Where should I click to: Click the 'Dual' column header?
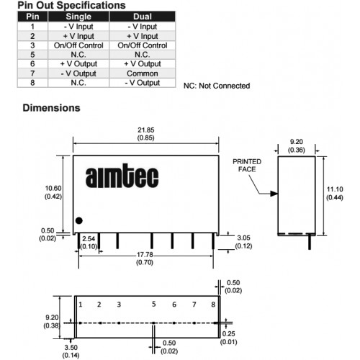pyautogui.click(x=143, y=17)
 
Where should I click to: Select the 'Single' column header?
pyautogui.click(x=78, y=17)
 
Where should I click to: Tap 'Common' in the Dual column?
pyautogui.click(x=143, y=73)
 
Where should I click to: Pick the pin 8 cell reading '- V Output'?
pyautogui.click(x=143, y=83)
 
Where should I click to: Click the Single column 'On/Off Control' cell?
pyautogui.click(x=78, y=45)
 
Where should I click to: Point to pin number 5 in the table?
pyautogui.click(x=32, y=55)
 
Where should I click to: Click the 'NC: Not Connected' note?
pyautogui.click(x=217, y=86)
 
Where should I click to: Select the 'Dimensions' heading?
pyautogui.click(x=51, y=108)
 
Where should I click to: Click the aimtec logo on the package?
pyautogui.click(x=122, y=176)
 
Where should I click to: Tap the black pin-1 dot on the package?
pyautogui.click(x=79, y=220)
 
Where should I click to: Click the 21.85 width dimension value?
pyautogui.click(x=146, y=130)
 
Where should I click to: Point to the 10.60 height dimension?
pyautogui.click(x=53, y=189)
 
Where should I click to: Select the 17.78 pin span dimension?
pyautogui.click(x=145, y=255)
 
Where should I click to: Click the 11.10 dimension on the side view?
pyautogui.click(x=335, y=189)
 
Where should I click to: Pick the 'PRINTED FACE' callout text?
pyautogui.click(x=247, y=166)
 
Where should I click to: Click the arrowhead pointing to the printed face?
pyautogui.click(x=274, y=194)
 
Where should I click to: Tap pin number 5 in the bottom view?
pyautogui.click(x=154, y=304)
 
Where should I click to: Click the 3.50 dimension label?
pyautogui.click(x=71, y=348)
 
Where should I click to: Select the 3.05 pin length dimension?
pyautogui.click(x=243, y=238)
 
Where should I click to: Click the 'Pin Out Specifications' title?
pyautogui.click(x=71, y=5)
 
